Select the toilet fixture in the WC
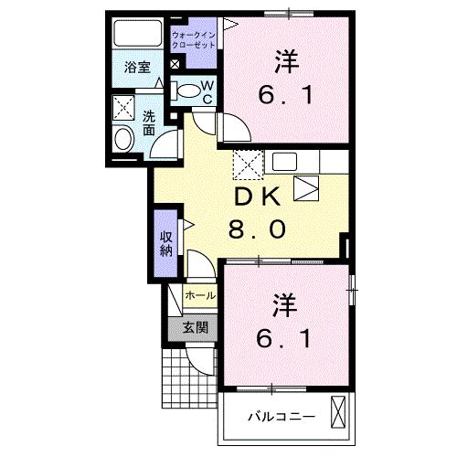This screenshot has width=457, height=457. pyautogui.click(x=188, y=90)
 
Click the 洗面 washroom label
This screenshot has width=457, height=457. pyautogui.click(x=149, y=123)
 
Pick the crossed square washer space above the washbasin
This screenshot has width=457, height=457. pyautogui.click(x=123, y=109)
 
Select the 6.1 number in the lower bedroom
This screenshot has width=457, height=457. pyautogui.click(x=284, y=338)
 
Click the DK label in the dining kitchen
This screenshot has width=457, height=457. pyautogui.click(x=254, y=197)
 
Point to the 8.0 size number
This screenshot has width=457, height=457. pyautogui.click(x=255, y=228)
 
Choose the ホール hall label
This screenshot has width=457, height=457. pyautogui.click(x=200, y=296)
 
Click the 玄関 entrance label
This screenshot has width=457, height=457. pyautogui.click(x=194, y=327)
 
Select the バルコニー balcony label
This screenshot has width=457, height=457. pyautogui.click(x=282, y=416)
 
